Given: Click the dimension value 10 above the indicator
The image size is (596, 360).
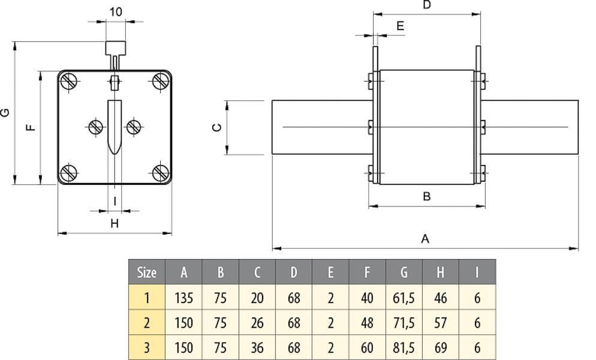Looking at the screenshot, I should (116, 12).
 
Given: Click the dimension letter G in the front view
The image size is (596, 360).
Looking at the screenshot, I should (5, 112).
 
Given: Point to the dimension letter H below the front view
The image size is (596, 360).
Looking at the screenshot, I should (115, 224).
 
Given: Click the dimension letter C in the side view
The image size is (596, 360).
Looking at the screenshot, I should (217, 127).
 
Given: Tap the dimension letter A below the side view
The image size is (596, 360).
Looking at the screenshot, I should (425, 239).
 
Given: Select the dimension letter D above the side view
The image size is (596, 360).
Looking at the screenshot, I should (426, 5).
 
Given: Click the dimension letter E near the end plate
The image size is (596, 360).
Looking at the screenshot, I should (400, 26).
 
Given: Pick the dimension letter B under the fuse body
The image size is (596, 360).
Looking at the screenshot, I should (426, 196).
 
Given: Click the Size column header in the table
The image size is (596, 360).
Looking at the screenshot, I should (147, 272).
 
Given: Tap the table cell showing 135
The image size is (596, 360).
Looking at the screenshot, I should (183, 298).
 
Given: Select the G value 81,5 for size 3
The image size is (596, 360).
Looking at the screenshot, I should (404, 348).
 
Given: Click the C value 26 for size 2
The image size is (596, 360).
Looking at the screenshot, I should (257, 323).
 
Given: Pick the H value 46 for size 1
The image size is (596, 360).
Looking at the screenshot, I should (440, 298).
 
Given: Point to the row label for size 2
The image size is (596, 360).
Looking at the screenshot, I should (147, 323).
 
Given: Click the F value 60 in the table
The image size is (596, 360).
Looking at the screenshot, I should (367, 348).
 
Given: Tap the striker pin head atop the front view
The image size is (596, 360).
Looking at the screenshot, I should (115, 47).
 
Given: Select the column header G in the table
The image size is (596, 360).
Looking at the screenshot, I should (404, 272).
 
